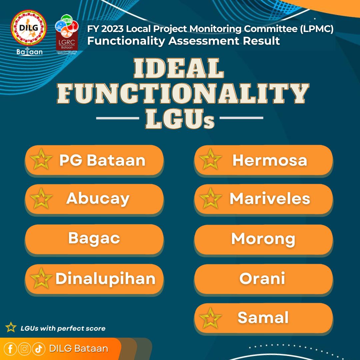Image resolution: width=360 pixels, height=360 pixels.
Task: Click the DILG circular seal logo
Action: [x=29, y=28]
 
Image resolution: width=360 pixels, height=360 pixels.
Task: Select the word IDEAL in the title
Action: [x=179, y=68]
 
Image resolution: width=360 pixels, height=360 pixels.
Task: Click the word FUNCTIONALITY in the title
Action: [x=183, y=93]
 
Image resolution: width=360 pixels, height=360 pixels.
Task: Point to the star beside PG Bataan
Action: [x=41, y=159]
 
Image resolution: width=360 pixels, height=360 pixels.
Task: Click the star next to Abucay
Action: [x=41, y=199]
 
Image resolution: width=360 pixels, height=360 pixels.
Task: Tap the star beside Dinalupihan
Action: [x=41, y=278]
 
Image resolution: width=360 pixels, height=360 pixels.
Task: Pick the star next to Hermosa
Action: [x=211, y=159]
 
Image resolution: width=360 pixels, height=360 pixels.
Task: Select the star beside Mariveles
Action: [x=211, y=199]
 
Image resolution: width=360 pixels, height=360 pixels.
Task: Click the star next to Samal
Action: [x=211, y=318]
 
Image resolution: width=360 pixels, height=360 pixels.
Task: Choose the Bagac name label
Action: [x=94, y=239]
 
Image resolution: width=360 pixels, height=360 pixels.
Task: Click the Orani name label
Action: [x=262, y=278]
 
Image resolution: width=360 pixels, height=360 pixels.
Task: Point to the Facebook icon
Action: [x=10, y=349]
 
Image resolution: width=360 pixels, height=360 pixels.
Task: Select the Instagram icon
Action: [x=24, y=349]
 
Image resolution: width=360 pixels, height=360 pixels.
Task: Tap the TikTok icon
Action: [x=39, y=349]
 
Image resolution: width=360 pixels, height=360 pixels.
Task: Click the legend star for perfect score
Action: [x=11, y=327]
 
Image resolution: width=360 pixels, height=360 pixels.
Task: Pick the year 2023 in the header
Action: [x=112, y=29]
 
